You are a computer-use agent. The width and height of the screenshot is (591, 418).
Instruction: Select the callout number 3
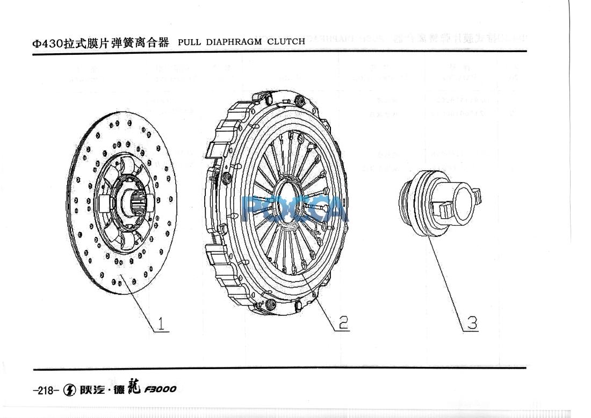[471, 323]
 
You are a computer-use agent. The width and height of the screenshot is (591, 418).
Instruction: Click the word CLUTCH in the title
[286, 41]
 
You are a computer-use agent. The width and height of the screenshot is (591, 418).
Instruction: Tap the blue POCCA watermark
[295, 210]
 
